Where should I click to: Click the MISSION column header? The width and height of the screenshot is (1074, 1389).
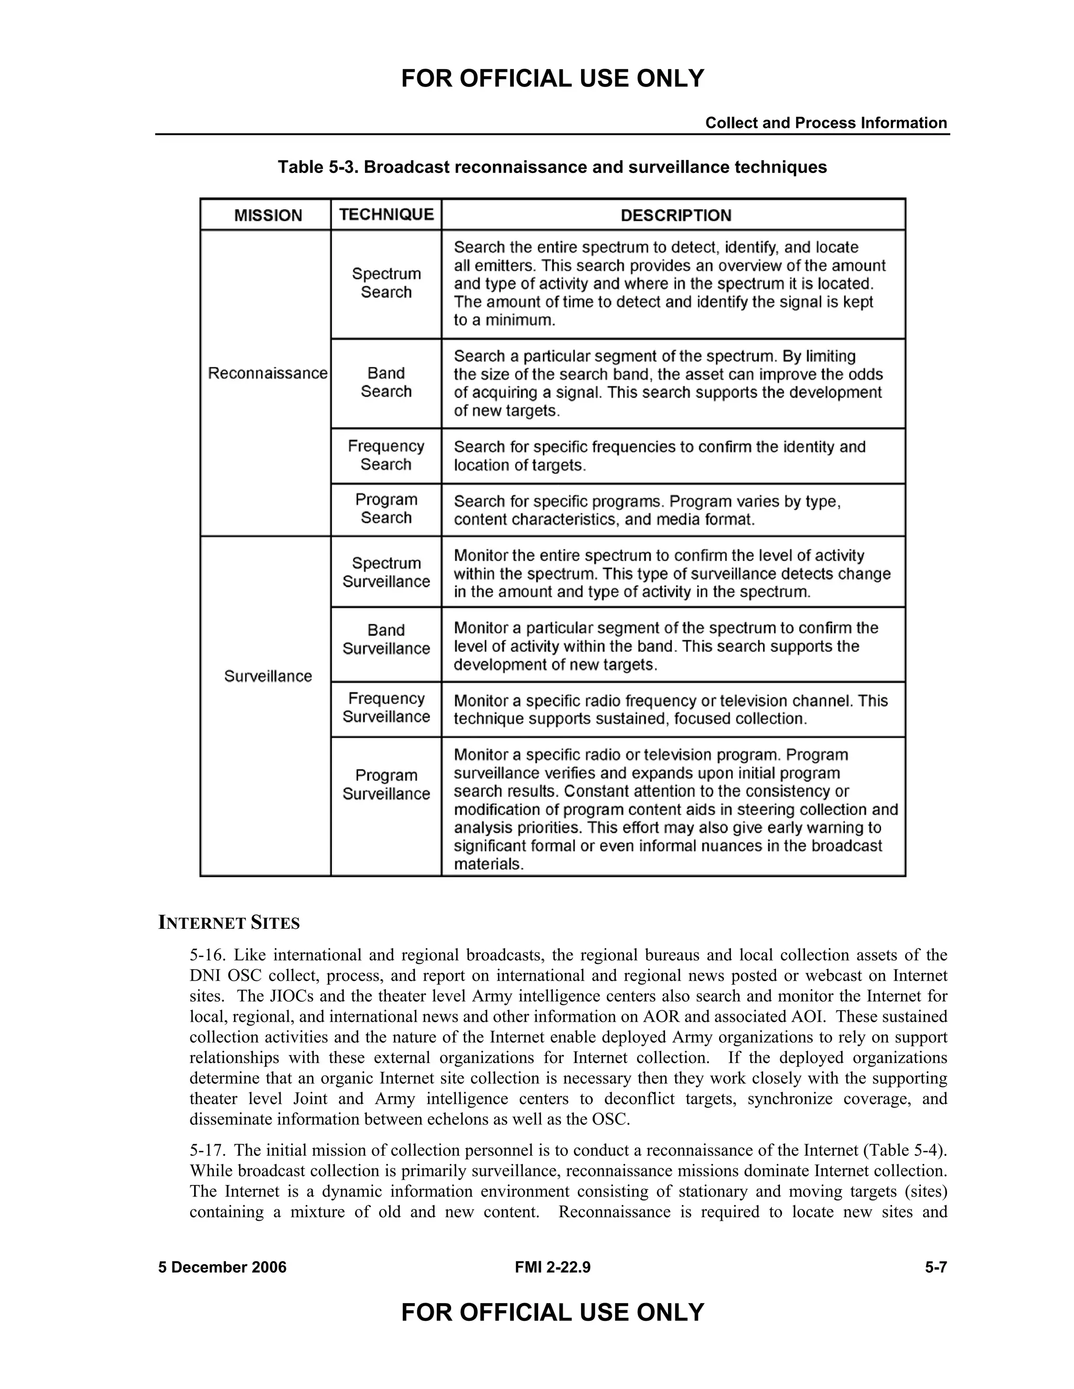(268, 215)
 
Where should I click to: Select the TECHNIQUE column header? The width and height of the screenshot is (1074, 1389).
(386, 214)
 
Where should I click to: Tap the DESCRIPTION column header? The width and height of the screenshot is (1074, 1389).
(675, 215)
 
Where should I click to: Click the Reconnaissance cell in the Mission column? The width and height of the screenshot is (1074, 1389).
(267, 373)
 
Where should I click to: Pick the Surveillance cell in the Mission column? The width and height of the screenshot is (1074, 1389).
(268, 676)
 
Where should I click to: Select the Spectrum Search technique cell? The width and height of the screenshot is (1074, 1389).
(386, 283)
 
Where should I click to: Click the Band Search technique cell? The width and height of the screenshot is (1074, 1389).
(386, 382)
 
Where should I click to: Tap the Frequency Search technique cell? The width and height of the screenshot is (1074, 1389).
(386, 455)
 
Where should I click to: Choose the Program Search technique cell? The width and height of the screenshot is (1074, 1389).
(386, 509)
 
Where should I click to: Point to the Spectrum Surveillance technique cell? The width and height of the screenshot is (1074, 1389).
(386, 572)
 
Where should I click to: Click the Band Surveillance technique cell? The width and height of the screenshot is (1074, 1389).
(386, 639)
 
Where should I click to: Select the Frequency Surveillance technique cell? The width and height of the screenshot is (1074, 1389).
(386, 708)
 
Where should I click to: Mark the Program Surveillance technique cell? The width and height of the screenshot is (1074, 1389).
(386, 785)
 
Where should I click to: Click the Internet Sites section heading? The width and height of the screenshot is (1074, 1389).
(229, 923)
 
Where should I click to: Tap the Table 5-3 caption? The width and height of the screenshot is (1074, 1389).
(552, 167)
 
